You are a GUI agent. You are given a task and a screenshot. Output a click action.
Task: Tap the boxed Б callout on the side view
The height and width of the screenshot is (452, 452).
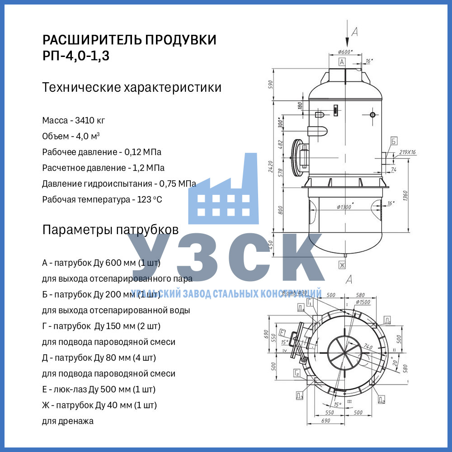[x=394, y=141]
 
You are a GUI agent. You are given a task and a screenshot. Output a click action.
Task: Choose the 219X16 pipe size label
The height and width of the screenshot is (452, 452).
[x=407, y=152]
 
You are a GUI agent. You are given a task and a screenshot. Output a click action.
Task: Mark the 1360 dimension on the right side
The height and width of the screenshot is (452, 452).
[x=405, y=198]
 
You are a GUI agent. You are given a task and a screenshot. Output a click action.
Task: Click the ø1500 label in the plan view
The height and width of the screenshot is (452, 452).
[x=363, y=301]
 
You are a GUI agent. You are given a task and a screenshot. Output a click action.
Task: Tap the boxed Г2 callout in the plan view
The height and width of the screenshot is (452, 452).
[x=297, y=373]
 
